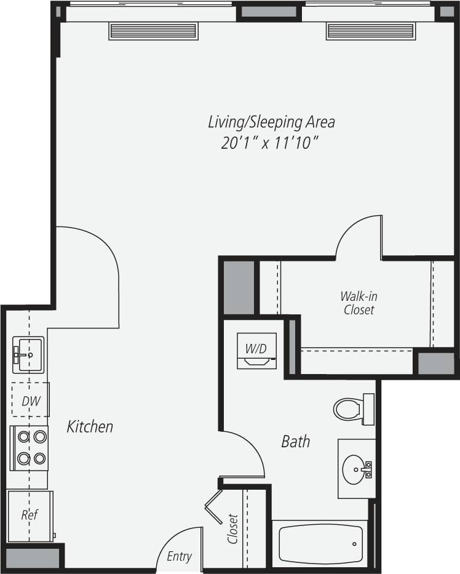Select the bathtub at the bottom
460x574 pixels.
point(320,544)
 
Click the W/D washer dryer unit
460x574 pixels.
point(256,351)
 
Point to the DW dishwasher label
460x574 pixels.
point(31,401)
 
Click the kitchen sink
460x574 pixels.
point(28,355)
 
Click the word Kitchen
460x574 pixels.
point(90,426)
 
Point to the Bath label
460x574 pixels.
point(295,441)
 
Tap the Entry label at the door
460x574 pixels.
point(179,556)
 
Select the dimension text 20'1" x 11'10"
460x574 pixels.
point(272,143)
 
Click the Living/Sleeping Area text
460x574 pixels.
point(271,122)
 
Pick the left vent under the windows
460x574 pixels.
point(153,31)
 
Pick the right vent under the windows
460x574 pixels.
point(371,31)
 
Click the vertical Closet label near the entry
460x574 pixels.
point(232,528)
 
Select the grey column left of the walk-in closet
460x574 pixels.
point(239,287)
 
